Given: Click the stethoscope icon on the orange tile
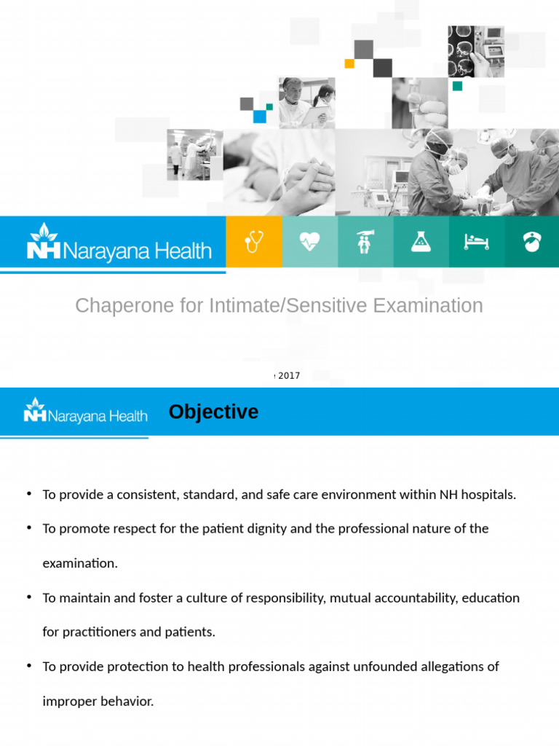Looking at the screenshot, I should (253, 242).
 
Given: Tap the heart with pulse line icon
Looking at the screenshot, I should (309, 242).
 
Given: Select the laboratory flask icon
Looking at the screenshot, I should (421, 242).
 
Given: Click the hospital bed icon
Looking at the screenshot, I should (476, 242).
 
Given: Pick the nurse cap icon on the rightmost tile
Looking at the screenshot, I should (532, 242).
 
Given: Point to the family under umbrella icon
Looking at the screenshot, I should (365, 242).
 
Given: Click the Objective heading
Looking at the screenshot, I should (213, 412).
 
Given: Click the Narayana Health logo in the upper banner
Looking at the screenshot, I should (119, 243).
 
